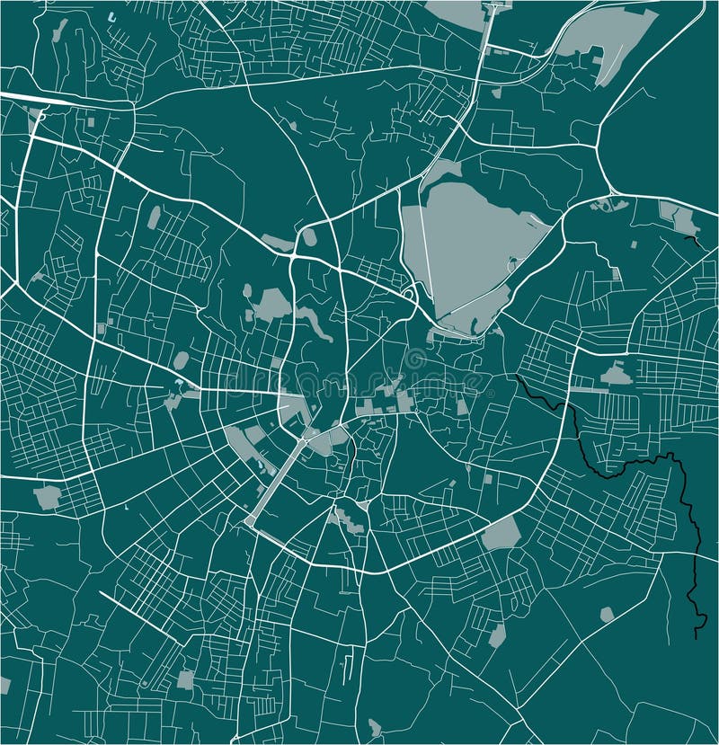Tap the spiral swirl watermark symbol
[x=415, y=361]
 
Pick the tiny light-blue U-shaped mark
[x=111, y=17]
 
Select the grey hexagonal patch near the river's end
[x=607, y=615]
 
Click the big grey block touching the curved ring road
[x=502, y=534]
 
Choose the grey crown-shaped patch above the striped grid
[x=617, y=374]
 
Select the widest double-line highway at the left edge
[x=36, y=99]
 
